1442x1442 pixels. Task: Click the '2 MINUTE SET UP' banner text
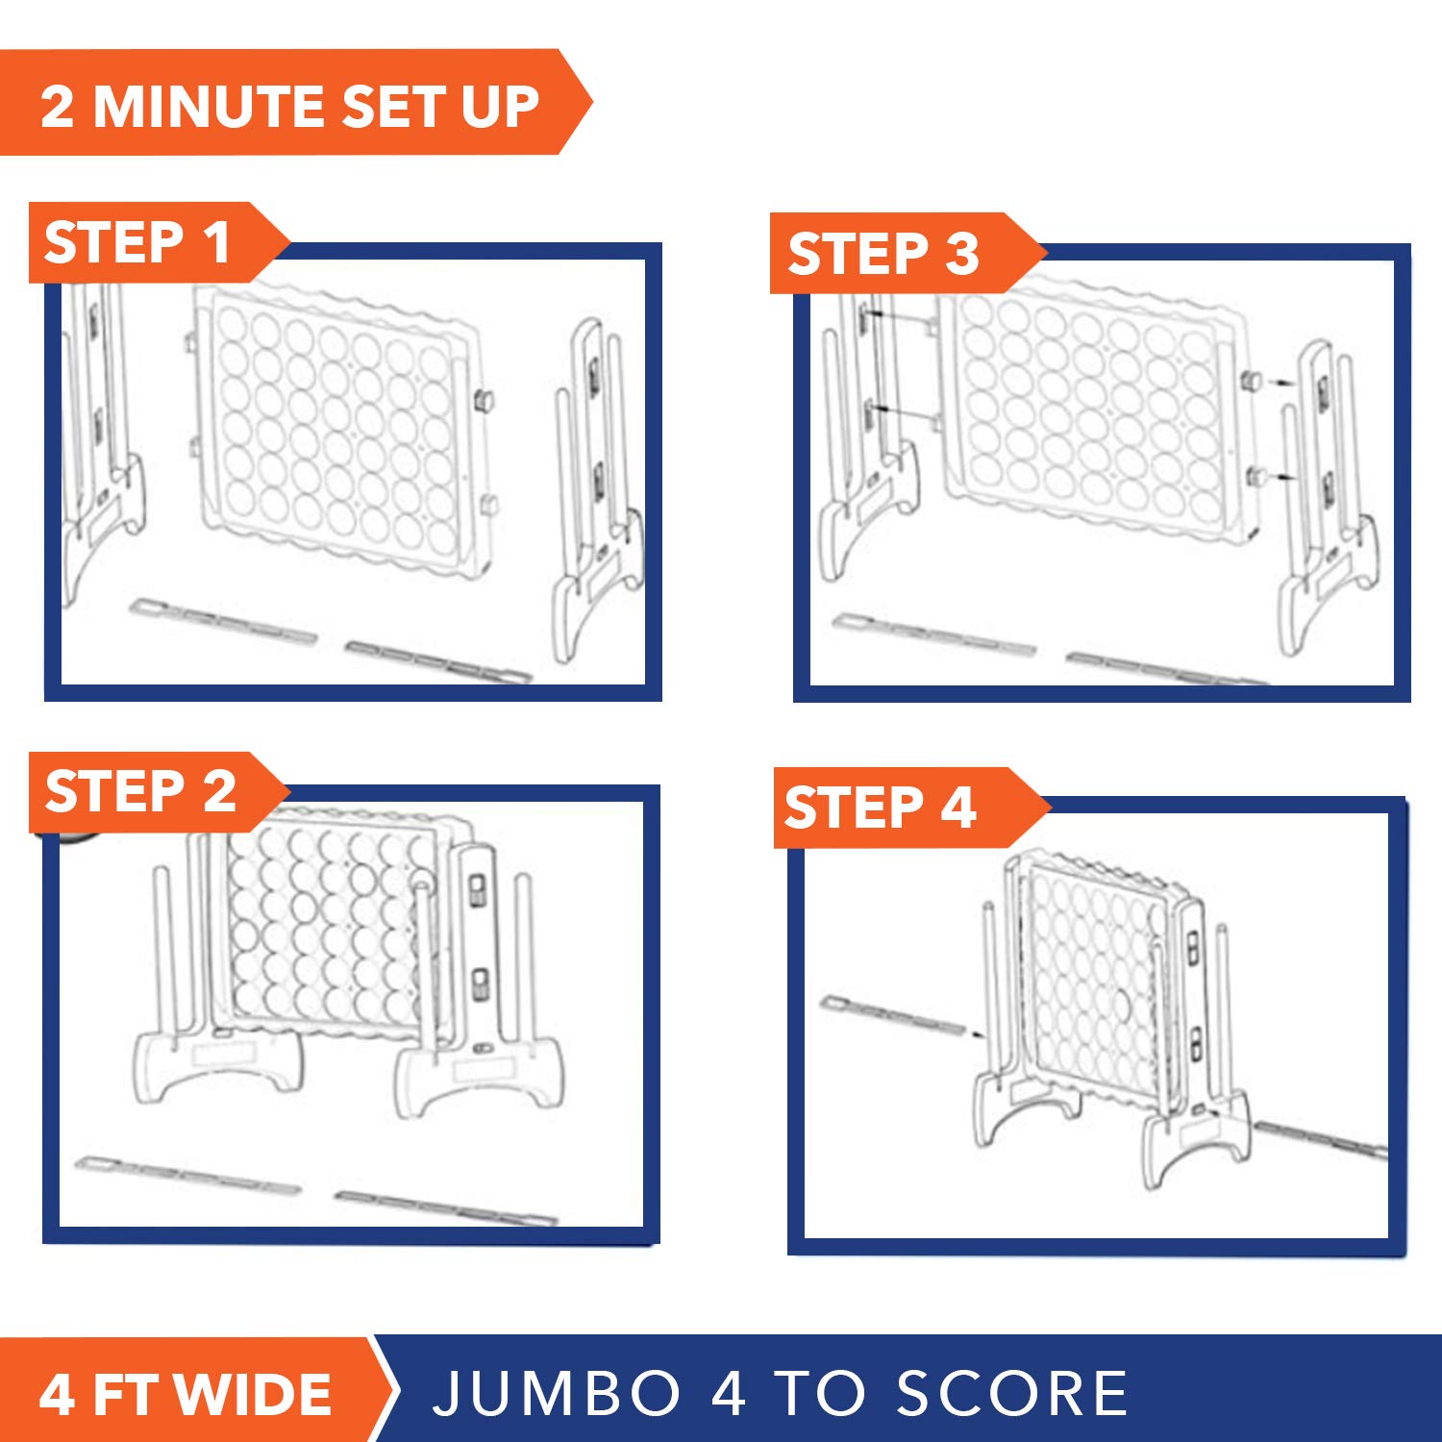tap(289, 106)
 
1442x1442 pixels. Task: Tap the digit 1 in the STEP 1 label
tap(218, 242)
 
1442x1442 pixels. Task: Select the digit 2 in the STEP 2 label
tap(219, 792)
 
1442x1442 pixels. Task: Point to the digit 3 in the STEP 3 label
tap(961, 255)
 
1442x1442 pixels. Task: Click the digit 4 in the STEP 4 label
tap(958, 808)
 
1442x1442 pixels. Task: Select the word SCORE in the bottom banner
tap(1012, 1393)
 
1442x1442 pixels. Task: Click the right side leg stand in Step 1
tap(597, 490)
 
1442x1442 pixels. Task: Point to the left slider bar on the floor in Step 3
tap(933, 634)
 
